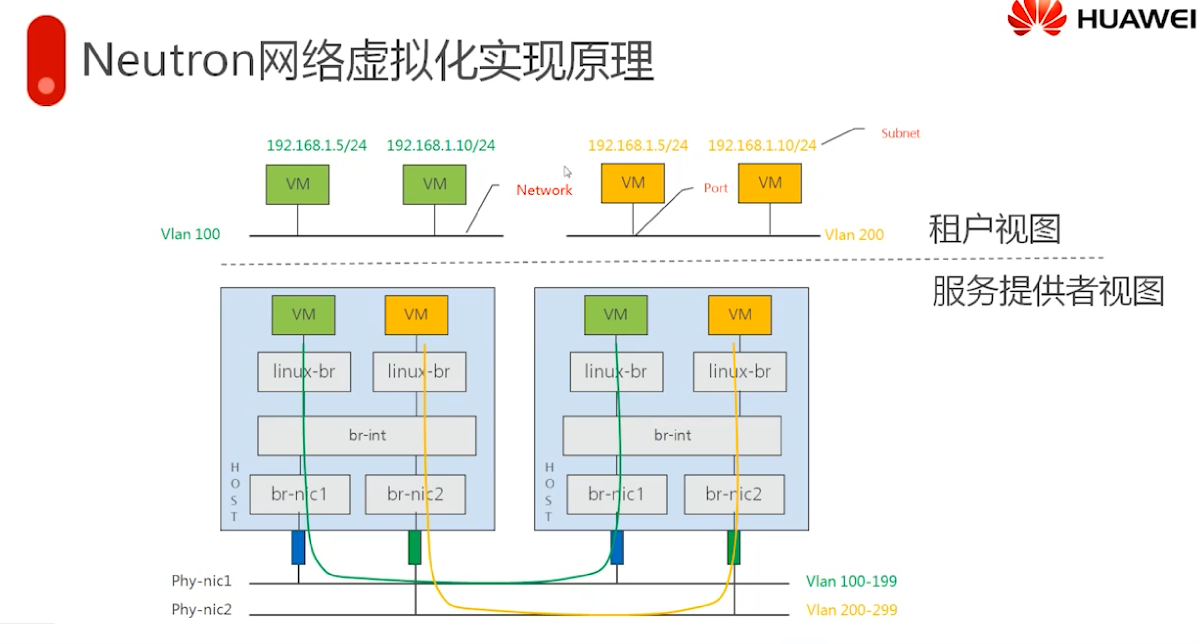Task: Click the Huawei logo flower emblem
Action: tap(1037, 18)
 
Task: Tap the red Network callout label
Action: tap(544, 190)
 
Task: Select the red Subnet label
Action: tap(900, 133)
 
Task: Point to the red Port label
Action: tap(715, 188)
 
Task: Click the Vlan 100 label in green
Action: tap(190, 234)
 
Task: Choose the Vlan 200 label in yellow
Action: tap(854, 235)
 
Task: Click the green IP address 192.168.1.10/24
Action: tap(441, 146)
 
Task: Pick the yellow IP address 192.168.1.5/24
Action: tap(638, 146)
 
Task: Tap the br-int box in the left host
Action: tap(367, 435)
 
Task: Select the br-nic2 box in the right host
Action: tap(734, 494)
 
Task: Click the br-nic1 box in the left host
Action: tap(299, 494)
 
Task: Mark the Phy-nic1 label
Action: tap(201, 581)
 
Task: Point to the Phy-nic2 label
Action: tap(201, 609)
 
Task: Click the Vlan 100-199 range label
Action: tap(851, 581)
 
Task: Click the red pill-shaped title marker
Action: tap(46, 60)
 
